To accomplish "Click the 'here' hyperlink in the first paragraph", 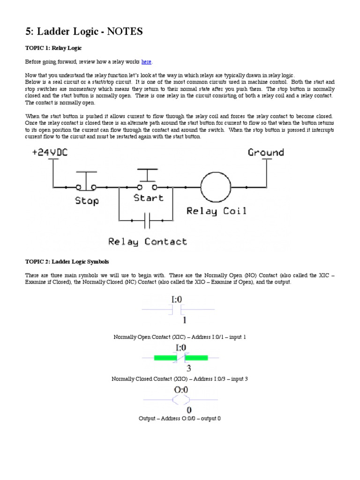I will tap(147, 62).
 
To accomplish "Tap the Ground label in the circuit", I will tap(266, 152).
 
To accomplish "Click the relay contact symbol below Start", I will tap(147, 219).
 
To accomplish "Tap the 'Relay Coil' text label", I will tap(216, 211).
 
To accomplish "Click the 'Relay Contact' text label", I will tap(148, 242).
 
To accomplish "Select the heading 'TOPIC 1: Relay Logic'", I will tap(55, 48).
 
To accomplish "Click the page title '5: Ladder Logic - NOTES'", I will tap(83, 31).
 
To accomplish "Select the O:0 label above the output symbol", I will tap(180, 390).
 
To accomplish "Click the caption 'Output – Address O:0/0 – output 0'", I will tap(180, 418).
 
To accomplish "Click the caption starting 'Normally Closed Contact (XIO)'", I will tap(180, 379).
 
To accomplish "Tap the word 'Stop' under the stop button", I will tap(87, 201).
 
